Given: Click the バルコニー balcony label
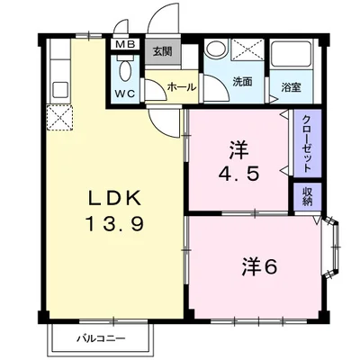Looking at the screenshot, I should [100, 338].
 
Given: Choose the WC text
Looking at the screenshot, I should [125, 93].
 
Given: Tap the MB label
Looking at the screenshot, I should [125, 45].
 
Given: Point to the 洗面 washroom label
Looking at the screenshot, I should [242, 82].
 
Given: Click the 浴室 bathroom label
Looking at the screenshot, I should [290, 86].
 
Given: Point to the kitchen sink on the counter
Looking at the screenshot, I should [59, 90].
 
